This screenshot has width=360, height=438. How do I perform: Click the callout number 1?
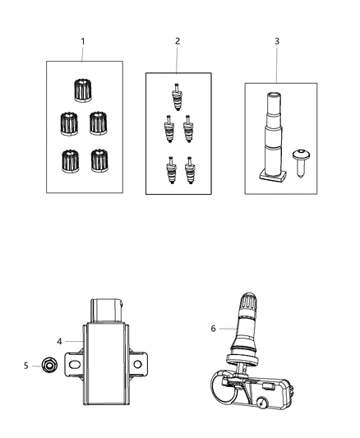coord(81,40)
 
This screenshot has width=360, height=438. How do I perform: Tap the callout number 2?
coord(177,40)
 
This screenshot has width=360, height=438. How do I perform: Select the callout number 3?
coord(277,40)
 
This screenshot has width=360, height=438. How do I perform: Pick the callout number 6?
coord(215,328)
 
